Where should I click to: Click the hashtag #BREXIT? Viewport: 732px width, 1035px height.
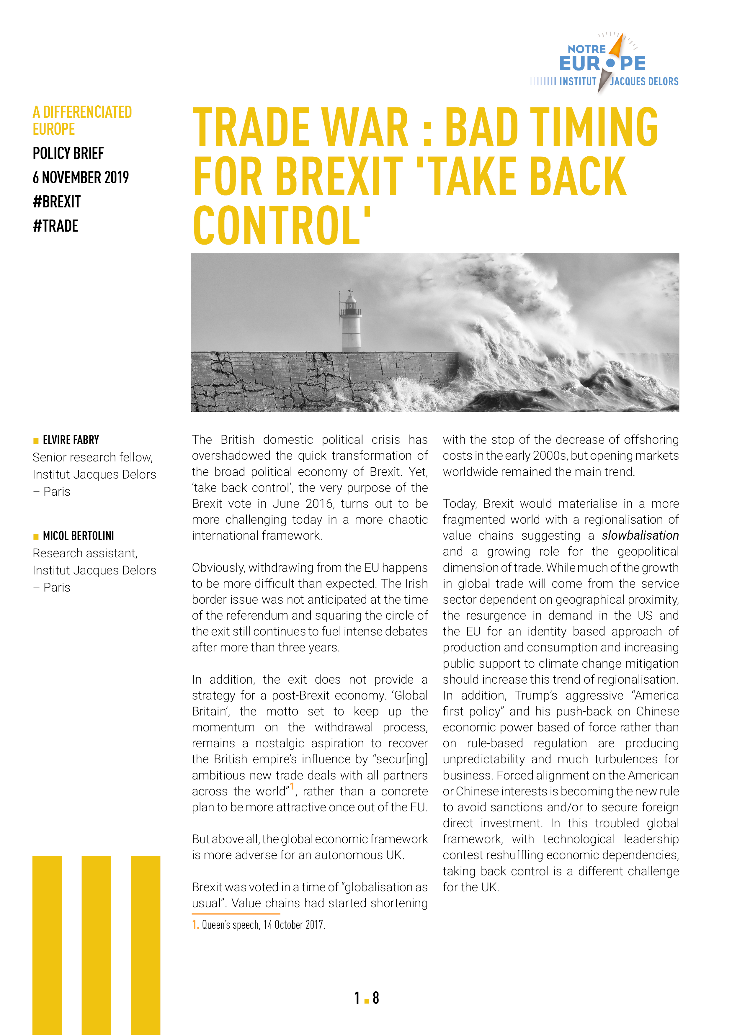57,202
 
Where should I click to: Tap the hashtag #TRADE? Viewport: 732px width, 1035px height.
55,226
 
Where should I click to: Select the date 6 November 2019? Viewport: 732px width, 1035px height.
81,178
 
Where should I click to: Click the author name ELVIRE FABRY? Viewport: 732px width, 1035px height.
71,440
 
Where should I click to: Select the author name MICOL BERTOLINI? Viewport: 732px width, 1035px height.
79,536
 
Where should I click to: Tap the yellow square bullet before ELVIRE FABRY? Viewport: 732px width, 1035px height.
36,441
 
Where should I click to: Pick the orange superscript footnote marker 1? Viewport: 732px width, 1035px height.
292,787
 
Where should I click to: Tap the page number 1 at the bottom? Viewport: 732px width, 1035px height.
357,998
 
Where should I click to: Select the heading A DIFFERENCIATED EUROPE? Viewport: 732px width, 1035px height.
82,120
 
